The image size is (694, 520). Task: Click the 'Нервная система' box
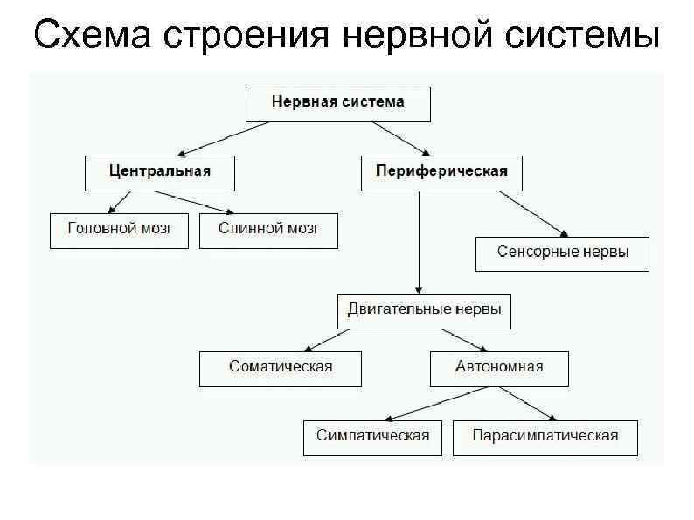337,103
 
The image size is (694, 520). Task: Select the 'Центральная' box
160,172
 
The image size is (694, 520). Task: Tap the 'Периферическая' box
441,172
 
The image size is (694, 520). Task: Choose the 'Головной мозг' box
119,230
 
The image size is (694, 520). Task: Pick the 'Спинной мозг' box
268,230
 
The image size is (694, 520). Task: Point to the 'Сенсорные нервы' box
562,253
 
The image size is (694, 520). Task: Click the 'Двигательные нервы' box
425,310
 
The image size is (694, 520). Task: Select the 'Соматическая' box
281,368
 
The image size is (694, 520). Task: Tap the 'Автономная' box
499,368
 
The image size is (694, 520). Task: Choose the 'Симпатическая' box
372,437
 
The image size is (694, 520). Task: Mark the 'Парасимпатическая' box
545,437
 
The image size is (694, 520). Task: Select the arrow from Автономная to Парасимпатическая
531,403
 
